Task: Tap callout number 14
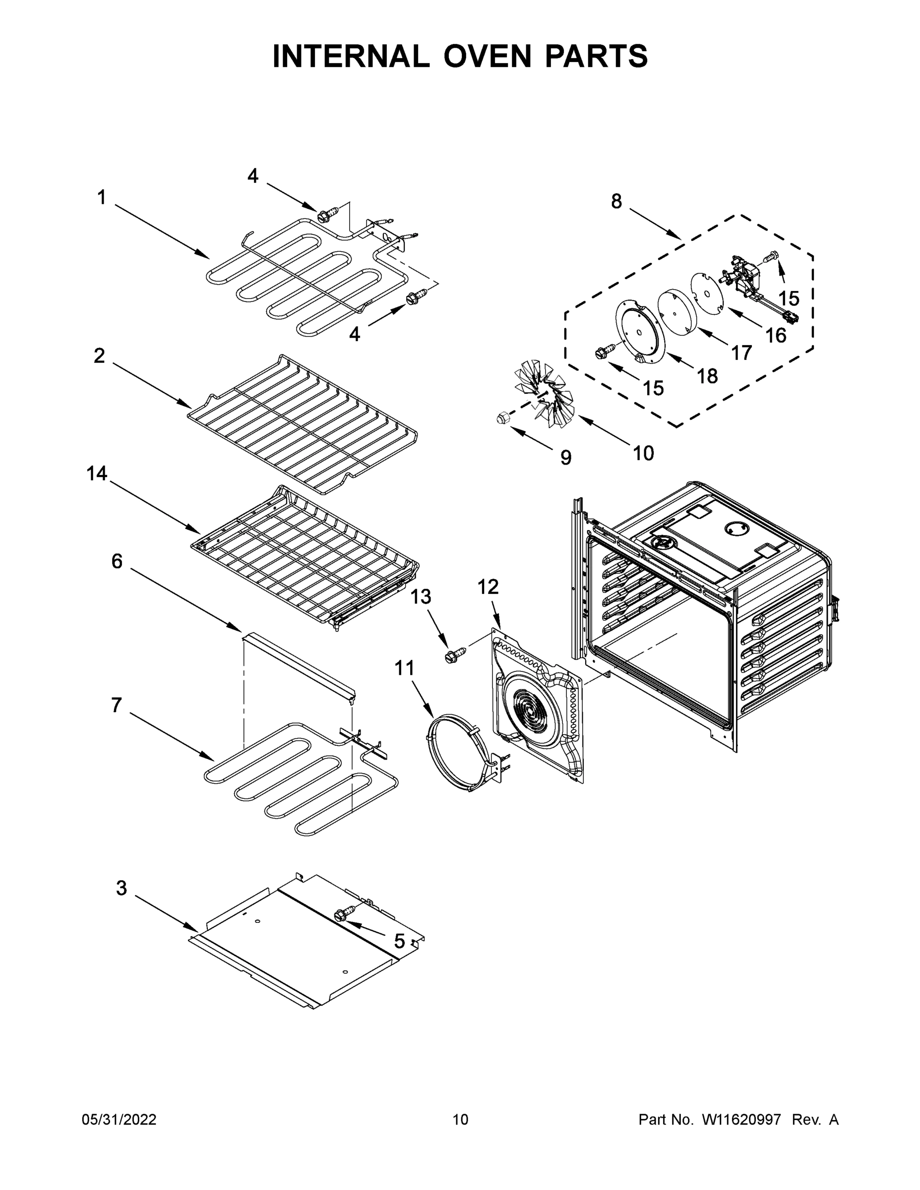coord(97,474)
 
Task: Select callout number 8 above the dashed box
coord(616,202)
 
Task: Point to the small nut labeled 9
coord(502,418)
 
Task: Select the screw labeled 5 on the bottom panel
coord(346,914)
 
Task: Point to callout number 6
coord(117,561)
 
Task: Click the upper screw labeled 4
coord(324,216)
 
